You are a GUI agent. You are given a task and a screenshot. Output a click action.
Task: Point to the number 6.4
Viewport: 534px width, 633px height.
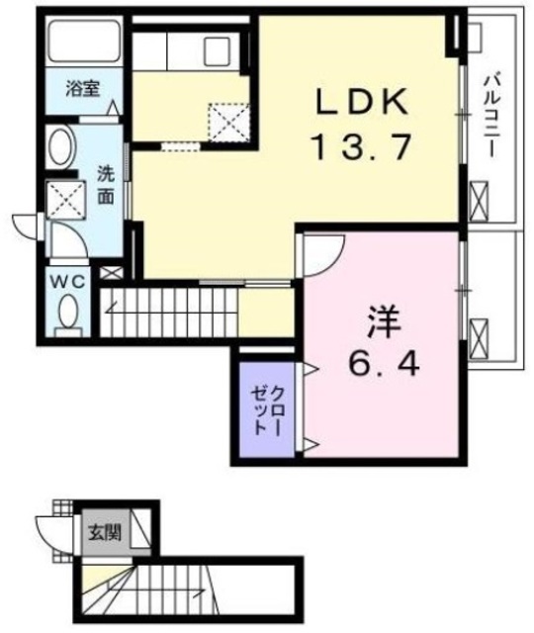tap(383, 366)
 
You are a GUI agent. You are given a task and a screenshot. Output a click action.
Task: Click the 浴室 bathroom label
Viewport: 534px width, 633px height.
tap(81, 87)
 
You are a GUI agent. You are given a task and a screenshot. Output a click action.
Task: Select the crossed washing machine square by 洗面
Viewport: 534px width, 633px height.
tap(66, 201)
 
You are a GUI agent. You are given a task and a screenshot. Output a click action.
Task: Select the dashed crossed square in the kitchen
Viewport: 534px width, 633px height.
tap(228, 123)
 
